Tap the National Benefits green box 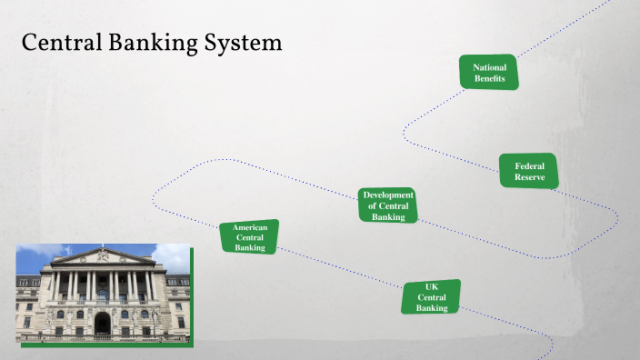pos(489,73)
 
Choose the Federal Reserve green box pos(529,171)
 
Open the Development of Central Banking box pos(388,205)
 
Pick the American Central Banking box pos(249,236)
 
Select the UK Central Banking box pos(432,297)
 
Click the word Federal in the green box pos(529,165)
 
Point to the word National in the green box pos(489,67)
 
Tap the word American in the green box pos(249,227)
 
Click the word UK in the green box pos(432,286)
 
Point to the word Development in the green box pos(388,195)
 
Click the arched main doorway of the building pos(102,322)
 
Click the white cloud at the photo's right pos(173,255)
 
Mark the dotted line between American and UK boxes pos(341,269)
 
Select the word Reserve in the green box pos(529,177)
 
